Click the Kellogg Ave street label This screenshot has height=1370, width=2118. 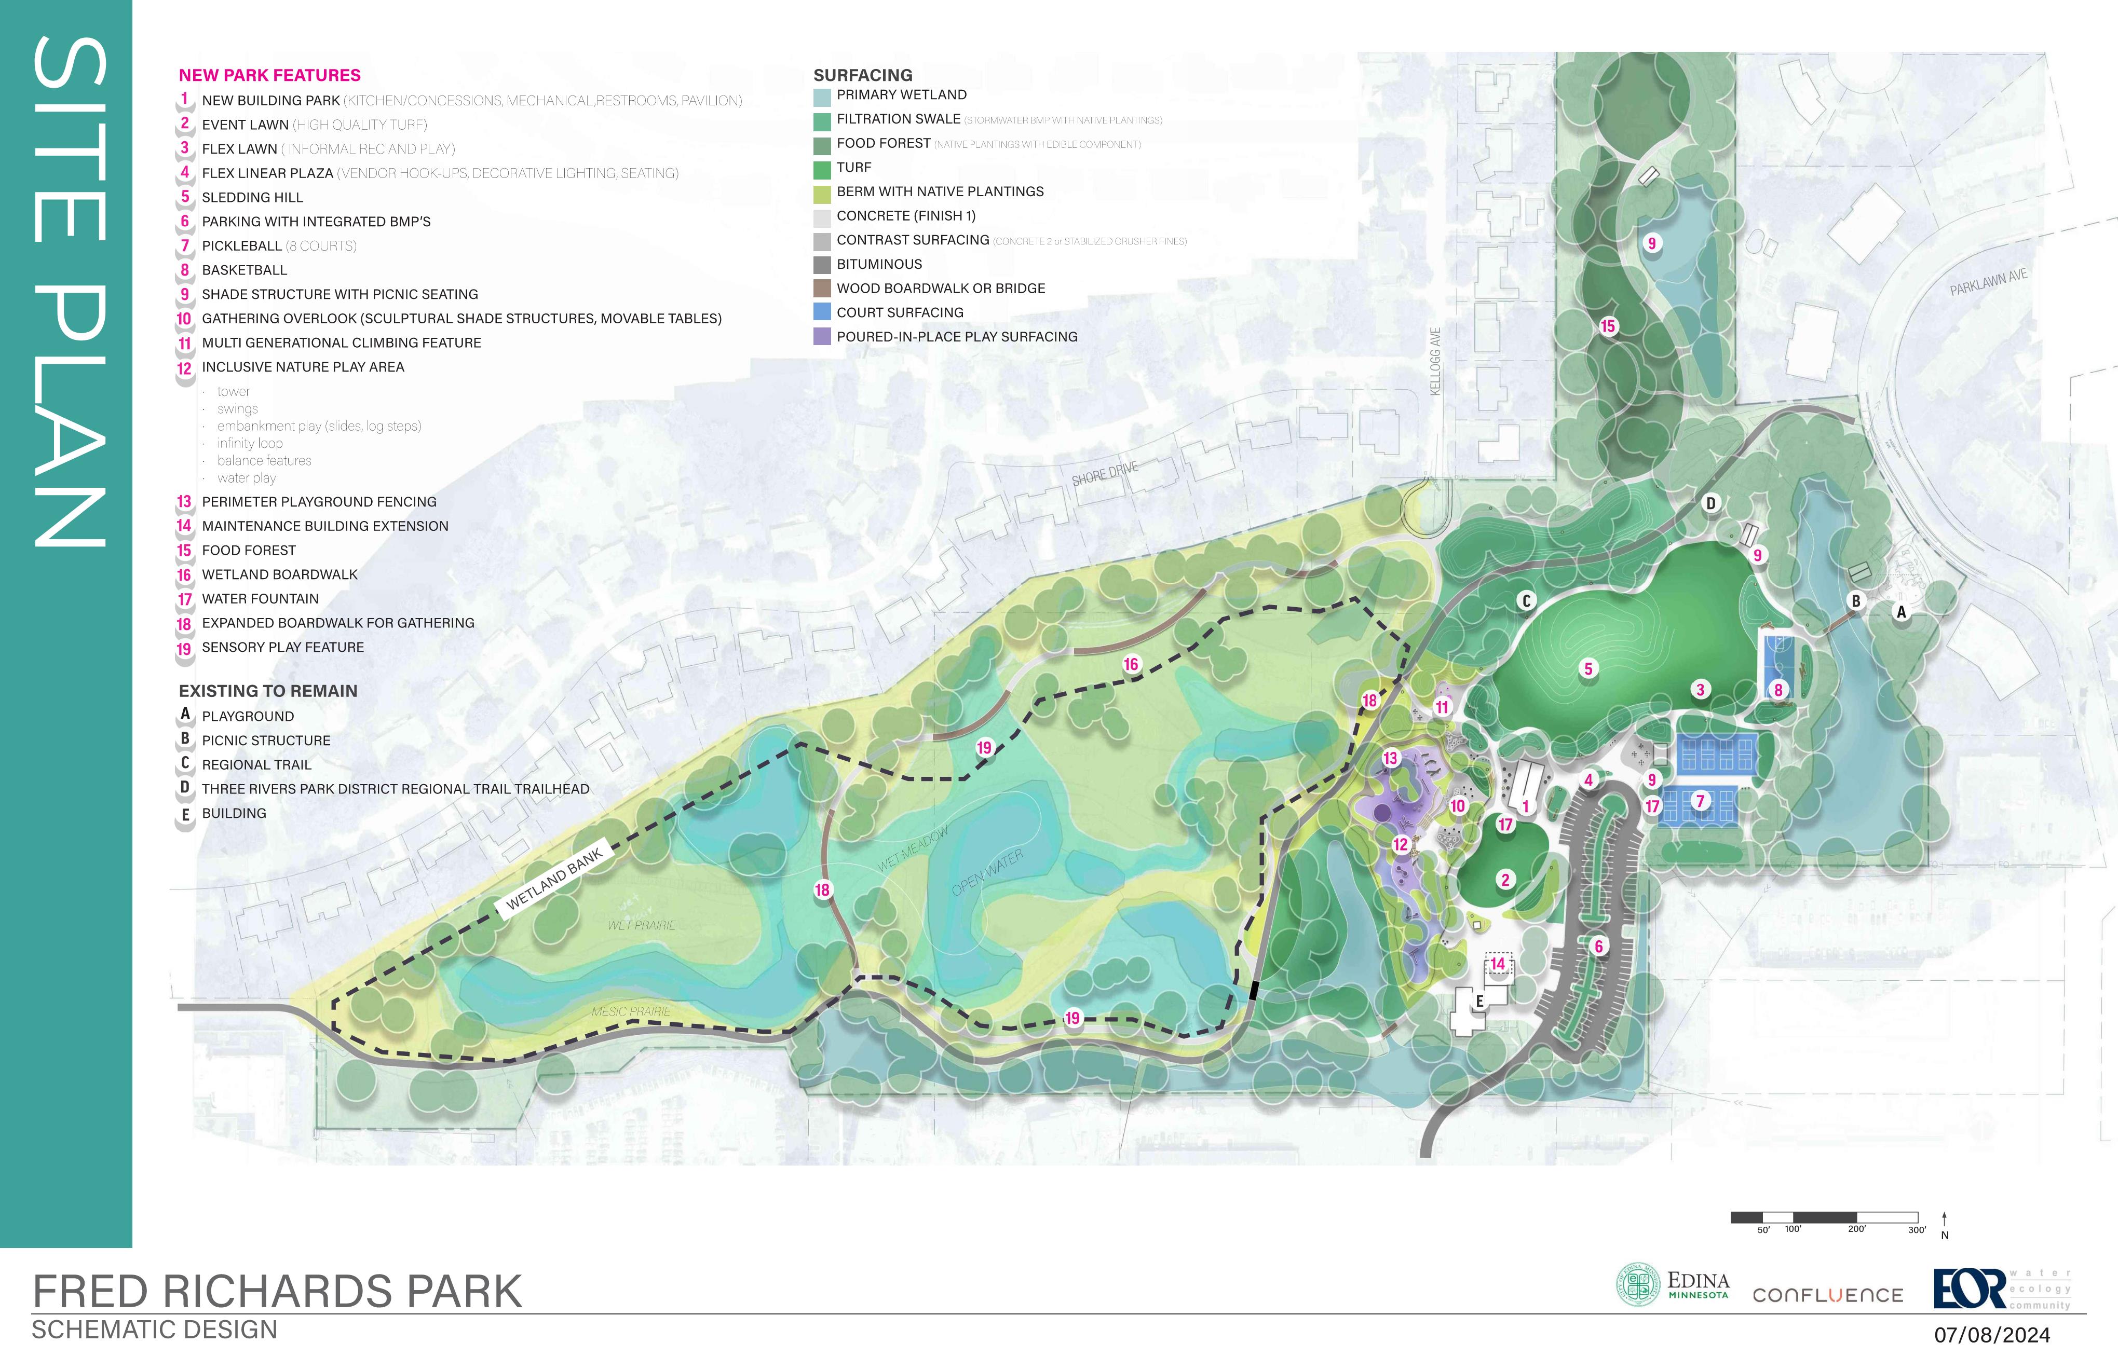1434,361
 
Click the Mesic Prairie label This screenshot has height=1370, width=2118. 631,1011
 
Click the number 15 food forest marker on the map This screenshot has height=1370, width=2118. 1607,326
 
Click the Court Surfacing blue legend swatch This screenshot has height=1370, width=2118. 821,312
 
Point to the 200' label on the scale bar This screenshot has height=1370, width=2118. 1856,1229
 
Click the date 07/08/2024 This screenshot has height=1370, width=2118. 1992,1335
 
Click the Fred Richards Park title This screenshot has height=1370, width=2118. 277,1292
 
